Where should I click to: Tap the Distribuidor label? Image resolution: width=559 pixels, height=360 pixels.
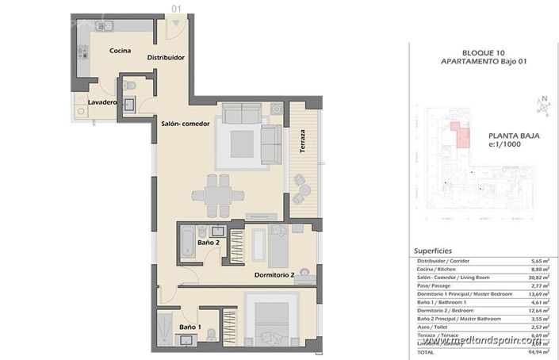[166, 58]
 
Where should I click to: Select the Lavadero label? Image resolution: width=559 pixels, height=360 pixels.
[102, 103]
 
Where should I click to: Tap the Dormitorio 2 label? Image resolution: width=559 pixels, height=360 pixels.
[274, 276]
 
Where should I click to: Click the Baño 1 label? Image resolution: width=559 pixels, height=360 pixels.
[189, 327]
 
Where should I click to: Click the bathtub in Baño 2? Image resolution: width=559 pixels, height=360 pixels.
[187, 243]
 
